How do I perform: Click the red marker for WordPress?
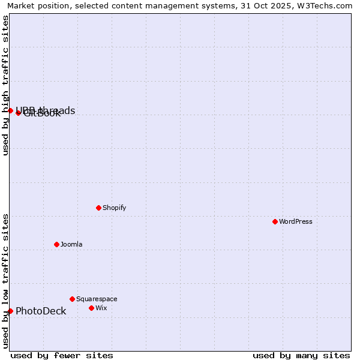tap(275, 221)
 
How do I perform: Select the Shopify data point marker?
tap(98, 208)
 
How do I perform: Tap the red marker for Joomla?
tap(56, 244)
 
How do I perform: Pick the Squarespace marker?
tap(72, 299)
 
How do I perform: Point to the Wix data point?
tap(91, 308)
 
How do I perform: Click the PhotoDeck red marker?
tap(10, 311)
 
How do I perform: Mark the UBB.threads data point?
tap(10, 110)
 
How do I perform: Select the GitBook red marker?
tap(18, 113)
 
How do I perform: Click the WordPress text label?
tap(296, 221)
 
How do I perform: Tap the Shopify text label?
tap(115, 208)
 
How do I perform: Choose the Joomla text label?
tap(71, 244)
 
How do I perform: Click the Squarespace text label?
tap(97, 299)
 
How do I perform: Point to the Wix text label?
tap(101, 308)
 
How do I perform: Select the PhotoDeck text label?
tap(41, 311)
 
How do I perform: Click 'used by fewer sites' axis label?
tap(62, 355)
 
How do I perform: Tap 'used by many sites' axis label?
tap(301, 355)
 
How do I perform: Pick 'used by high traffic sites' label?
tap(5, 85)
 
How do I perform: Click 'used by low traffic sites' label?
tap(5, 281)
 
